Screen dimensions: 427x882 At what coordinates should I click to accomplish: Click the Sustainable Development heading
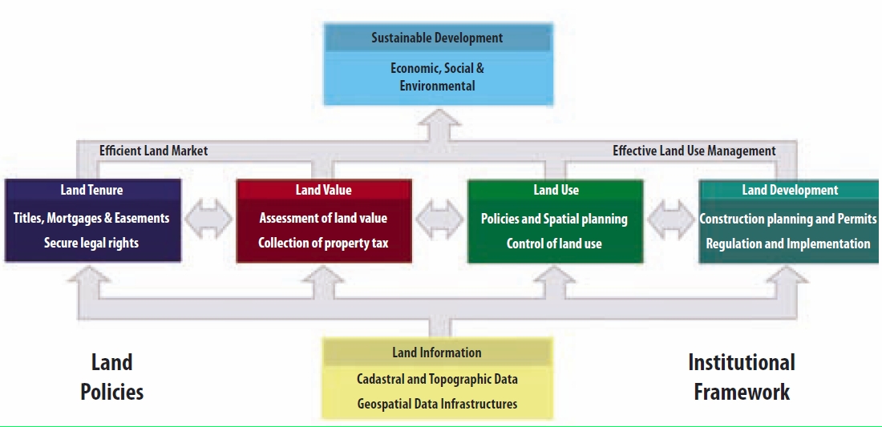(x=437, y=38)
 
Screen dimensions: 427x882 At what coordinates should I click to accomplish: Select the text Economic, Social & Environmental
(x=437, y=77)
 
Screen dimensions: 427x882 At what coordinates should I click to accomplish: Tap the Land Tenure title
(x=91, y=190)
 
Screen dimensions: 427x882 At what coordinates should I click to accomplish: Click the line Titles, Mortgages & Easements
(x=91, y=218)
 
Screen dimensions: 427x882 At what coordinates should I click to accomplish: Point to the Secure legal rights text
(x=91, y=243)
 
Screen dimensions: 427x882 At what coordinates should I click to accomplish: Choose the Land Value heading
(x=323, y=190)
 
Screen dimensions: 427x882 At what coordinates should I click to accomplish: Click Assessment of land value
(x=323, y=218)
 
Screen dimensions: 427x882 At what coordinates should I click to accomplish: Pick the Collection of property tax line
(x=323, y=243)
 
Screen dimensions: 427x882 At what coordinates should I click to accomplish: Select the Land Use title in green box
(x=556, y=190)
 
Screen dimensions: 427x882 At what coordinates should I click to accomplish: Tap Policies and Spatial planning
(x=554, y=219)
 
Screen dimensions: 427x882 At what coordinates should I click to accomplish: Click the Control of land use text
(x=554, y=243)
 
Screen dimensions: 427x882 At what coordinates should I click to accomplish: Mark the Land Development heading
(x=790, y=190)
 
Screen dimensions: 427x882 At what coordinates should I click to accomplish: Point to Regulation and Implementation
(x=787, y=244)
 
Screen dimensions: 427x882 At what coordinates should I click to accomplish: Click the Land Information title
(x=437, y=352)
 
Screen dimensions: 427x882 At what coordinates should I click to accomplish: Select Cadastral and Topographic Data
(x=437, y=379)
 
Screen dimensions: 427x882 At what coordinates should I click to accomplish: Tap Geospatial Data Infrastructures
(x=437, y=404)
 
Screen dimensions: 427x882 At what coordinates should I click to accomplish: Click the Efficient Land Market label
(x=153, y=151)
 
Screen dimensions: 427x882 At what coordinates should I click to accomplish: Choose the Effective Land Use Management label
(x=694, y=151)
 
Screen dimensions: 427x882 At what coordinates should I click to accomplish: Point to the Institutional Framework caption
(x=742, y=377)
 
